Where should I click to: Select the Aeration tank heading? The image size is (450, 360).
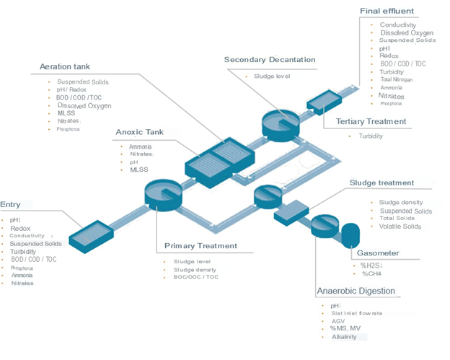tap(65, 67)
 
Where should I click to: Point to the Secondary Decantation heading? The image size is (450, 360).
tap(270, 60)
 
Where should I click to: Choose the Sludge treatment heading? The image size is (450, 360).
tap(381, 183)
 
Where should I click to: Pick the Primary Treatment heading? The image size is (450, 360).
tap(201, 245)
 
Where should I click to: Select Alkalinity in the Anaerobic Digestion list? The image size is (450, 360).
tap(349, 337)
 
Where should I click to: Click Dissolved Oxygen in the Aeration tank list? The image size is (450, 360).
tap(84, 105)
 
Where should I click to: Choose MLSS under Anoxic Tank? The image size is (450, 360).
tap(139, 170)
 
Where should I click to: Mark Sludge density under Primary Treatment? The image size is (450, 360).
tap(195, 269)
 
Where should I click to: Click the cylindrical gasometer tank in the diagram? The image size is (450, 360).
tap(350, 234)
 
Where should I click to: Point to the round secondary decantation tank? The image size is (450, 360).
tap(281, 123)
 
